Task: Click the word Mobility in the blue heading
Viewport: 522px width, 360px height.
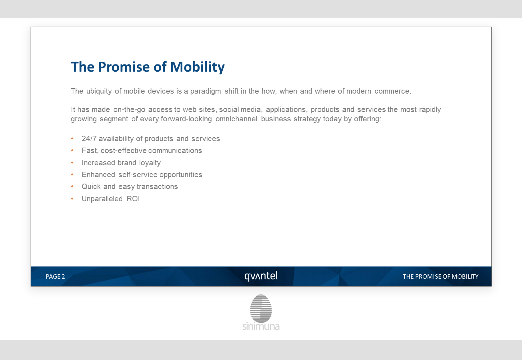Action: click(198, 67)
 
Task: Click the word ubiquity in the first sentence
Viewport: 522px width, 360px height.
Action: click(99, 91)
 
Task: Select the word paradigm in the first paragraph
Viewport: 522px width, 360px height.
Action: click(205, 91)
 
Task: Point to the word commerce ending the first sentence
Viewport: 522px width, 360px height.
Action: click(392, 91)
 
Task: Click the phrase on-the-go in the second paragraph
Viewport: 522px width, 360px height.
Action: click(130, 109)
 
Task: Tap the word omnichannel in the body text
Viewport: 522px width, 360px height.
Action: click(236, 119)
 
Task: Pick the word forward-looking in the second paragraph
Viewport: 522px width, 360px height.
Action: click(186, 119)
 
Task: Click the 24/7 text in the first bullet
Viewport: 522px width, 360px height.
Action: click(89, 139)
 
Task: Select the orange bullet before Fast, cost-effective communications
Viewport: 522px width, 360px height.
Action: click(72, 150)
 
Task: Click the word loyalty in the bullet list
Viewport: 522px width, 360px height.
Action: click(150, 163)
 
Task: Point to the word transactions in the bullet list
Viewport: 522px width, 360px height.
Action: click(157, 186)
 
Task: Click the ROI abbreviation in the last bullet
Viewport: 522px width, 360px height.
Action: click(133, 199)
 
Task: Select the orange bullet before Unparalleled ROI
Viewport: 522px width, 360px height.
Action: click(72, 199)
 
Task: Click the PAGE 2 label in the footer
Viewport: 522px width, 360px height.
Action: click(55, 276)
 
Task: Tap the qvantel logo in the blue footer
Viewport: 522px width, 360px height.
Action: click(261, 276)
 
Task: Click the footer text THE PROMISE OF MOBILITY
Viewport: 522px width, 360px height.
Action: click(440, 276)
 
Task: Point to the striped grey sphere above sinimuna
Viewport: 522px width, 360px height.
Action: click(261, 308)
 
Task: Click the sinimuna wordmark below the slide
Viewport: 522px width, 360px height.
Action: click(261, 326)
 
